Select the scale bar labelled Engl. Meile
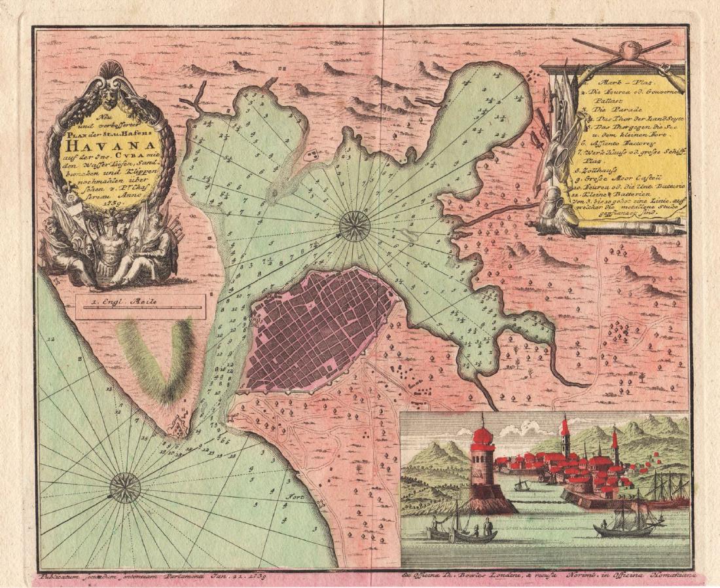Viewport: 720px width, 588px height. (x=139, y=306)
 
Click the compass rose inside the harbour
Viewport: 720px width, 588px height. (x=355, y=226)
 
